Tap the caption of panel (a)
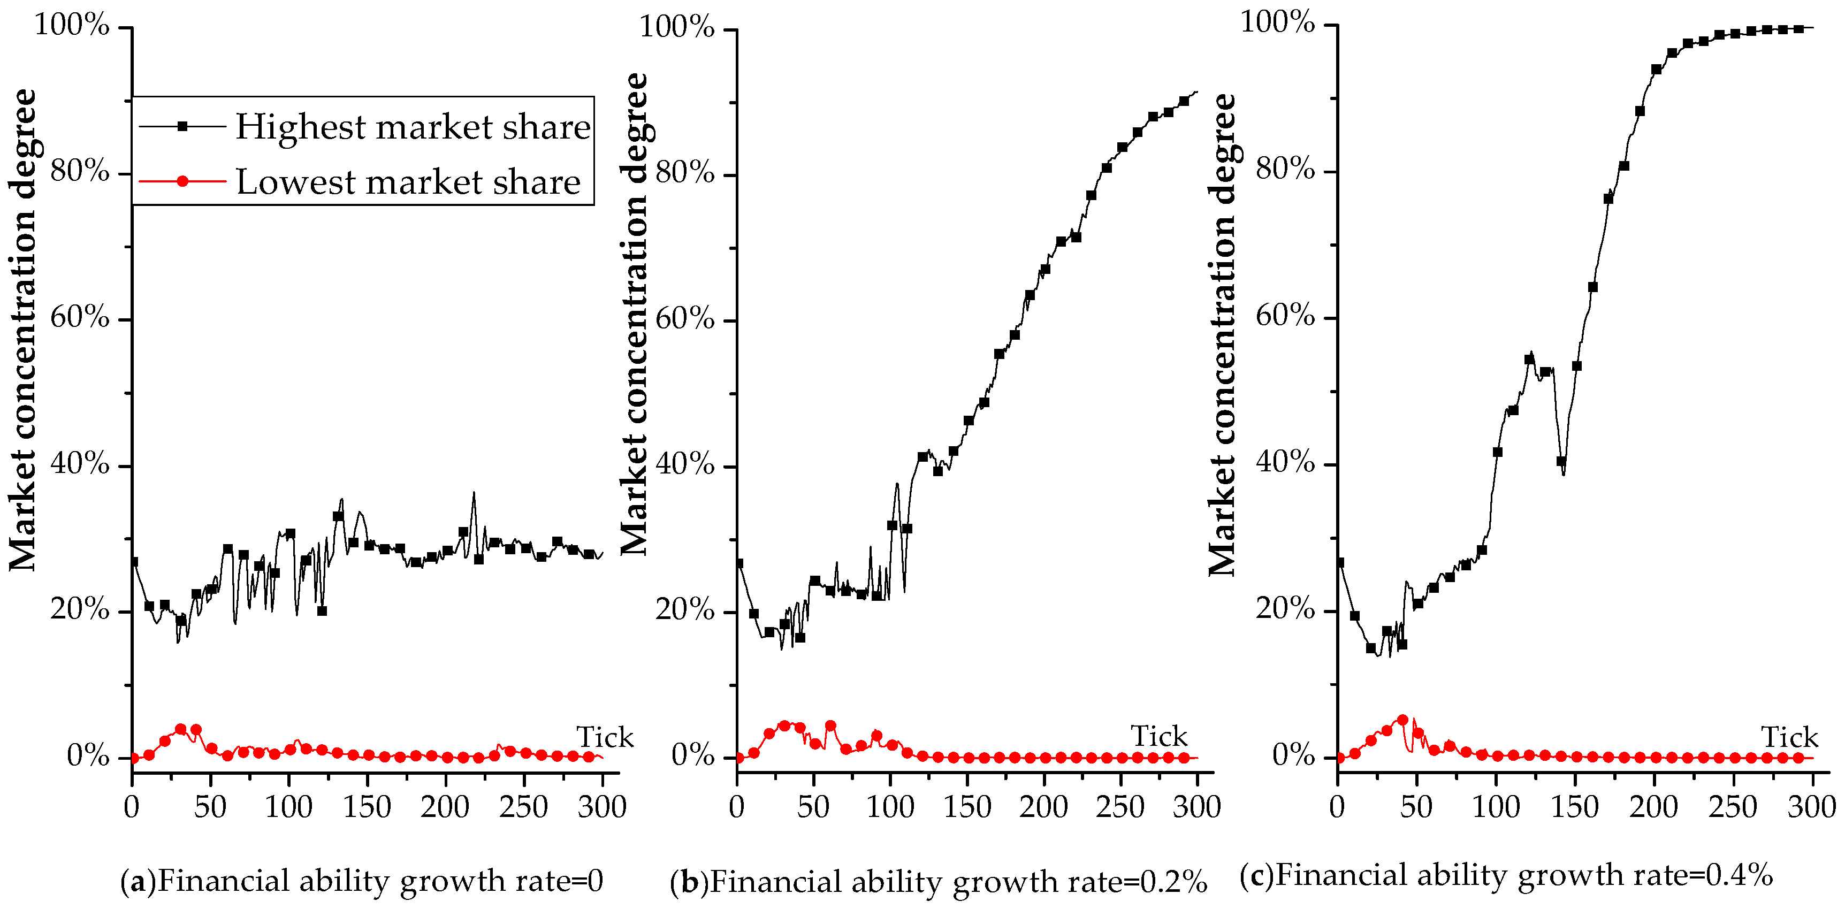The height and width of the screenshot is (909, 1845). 362,880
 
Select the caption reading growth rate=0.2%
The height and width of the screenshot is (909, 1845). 938,882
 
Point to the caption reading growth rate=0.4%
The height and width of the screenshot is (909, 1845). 1506,875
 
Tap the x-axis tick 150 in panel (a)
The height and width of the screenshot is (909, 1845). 367,808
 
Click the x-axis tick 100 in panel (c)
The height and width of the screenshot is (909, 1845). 1496,808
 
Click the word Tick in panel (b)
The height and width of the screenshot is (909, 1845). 1159,736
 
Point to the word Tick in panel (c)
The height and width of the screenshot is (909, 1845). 1789,738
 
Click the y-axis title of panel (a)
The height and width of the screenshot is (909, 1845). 23,330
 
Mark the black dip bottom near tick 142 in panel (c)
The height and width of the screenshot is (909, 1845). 1563,474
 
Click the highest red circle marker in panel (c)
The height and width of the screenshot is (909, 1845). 1402,720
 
